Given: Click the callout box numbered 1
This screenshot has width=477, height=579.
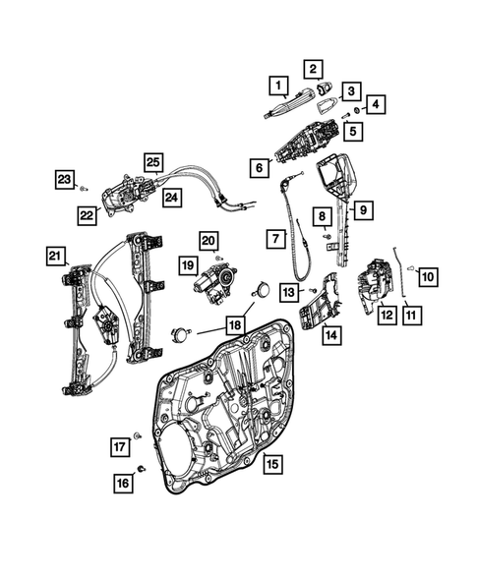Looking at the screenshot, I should tap(279, 86).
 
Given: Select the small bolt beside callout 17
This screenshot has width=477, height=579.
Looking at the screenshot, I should tap(138, 434).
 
